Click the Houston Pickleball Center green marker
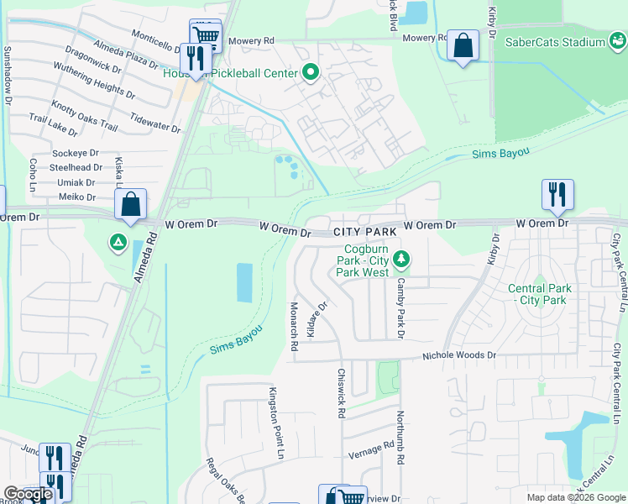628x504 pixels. coord(310,74)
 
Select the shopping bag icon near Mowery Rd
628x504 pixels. coord(463,46)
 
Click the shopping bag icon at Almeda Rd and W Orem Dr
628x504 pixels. coord(131,205)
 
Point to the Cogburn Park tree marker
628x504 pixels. coord(402,258)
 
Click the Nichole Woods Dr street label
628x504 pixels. coord(458,356)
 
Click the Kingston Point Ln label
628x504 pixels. coord(273,423)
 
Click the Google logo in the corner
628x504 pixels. coord(27,495)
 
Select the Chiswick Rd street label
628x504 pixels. coord(341,393)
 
